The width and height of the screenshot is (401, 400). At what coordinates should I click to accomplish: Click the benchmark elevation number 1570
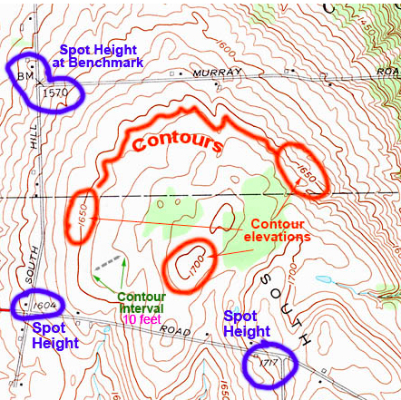pos(55,91)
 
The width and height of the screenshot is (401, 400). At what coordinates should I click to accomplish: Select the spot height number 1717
pos(267,364)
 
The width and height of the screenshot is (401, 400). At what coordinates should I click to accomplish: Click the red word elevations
pos(275,238)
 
